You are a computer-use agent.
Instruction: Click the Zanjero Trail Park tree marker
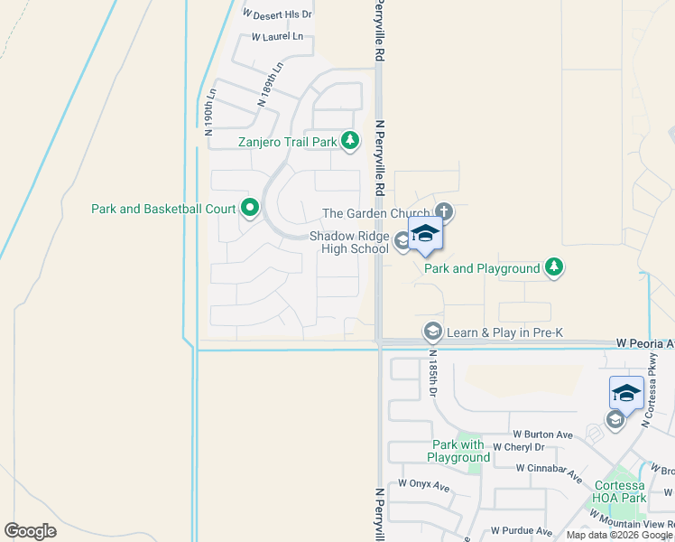(351, 141)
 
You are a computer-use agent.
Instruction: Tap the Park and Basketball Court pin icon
(249, 209)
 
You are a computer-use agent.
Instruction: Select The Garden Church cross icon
(443, 213)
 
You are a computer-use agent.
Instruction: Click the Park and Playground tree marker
(554, 267)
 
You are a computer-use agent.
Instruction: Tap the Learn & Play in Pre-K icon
(433, 332)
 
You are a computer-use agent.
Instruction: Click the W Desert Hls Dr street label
(278, 14)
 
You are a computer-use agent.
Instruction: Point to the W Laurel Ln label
(277, 37)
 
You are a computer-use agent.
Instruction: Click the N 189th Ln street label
(270, 84)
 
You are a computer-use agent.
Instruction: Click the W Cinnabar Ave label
(547, 468)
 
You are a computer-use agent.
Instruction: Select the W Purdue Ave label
(521, 531)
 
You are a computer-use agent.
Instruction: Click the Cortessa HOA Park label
(620, 491)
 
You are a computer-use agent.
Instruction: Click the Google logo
(30, 530)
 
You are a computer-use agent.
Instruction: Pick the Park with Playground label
(460, 451)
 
